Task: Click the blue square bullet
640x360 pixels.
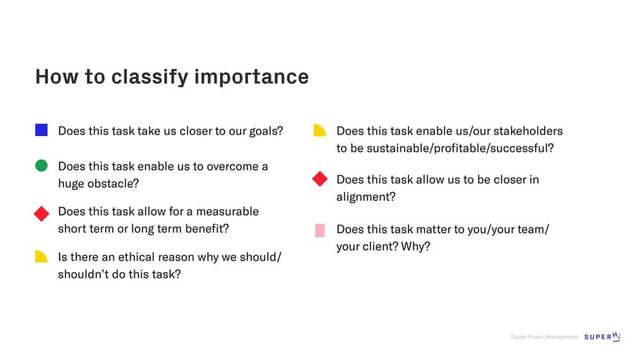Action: point(41,130)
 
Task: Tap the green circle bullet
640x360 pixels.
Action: point(41,166)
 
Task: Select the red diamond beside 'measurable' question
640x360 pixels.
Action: point(41,213)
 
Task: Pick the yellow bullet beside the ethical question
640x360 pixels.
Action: point(41,256)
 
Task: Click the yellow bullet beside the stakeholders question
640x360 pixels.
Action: point(319,131)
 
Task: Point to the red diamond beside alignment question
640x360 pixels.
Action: point(320,178)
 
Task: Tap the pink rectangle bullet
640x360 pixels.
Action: point(320,230)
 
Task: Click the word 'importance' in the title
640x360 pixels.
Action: point(251,76)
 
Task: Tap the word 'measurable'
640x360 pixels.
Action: point(228,212)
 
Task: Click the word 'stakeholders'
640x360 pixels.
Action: point(528,131)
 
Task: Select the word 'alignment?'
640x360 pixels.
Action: point(366,197)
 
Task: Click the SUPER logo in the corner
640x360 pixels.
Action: point(602,336)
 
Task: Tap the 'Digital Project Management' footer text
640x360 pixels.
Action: point(544,337)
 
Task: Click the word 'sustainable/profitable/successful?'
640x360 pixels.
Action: point(460,148)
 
